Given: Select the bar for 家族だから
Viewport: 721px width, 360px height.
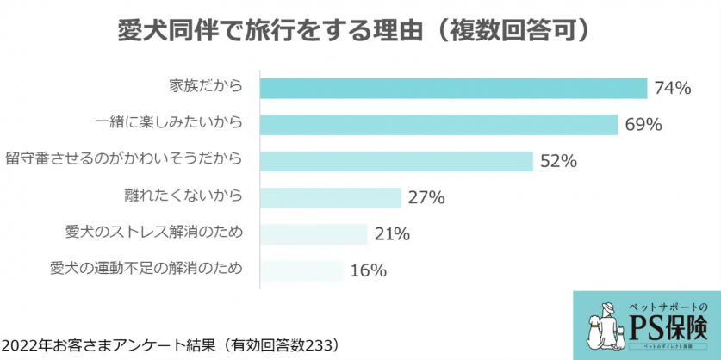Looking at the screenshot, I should pyautogui.click(x=453, y=88).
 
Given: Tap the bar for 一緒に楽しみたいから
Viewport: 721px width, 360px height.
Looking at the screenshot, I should pyautogui.click(x=438, y=124).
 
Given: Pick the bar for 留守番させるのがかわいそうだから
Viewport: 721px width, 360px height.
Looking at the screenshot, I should pyautogui.click(x=395, y=161).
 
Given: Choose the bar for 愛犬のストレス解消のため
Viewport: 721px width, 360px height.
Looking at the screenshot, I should pyautogui.click(x=314, y=233).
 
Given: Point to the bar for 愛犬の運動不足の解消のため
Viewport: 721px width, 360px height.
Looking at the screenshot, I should pyautogui.click(x=301, y=270).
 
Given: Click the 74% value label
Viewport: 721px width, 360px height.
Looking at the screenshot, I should pyautogui.click(x=673, y=88).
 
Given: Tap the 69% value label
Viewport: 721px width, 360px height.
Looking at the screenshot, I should pyautogui.click(x=643, y=124).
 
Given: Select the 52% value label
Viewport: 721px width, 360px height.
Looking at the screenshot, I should pyautogui.click(x=557, y=161).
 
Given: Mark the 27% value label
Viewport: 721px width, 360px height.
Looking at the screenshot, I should pyautogui.click(x=426, y=197).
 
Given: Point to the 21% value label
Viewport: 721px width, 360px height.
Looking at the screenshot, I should pyautogui.click(x=392, y=233).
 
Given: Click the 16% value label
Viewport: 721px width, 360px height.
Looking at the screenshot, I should pyautogui.click(x=368, y=270).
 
